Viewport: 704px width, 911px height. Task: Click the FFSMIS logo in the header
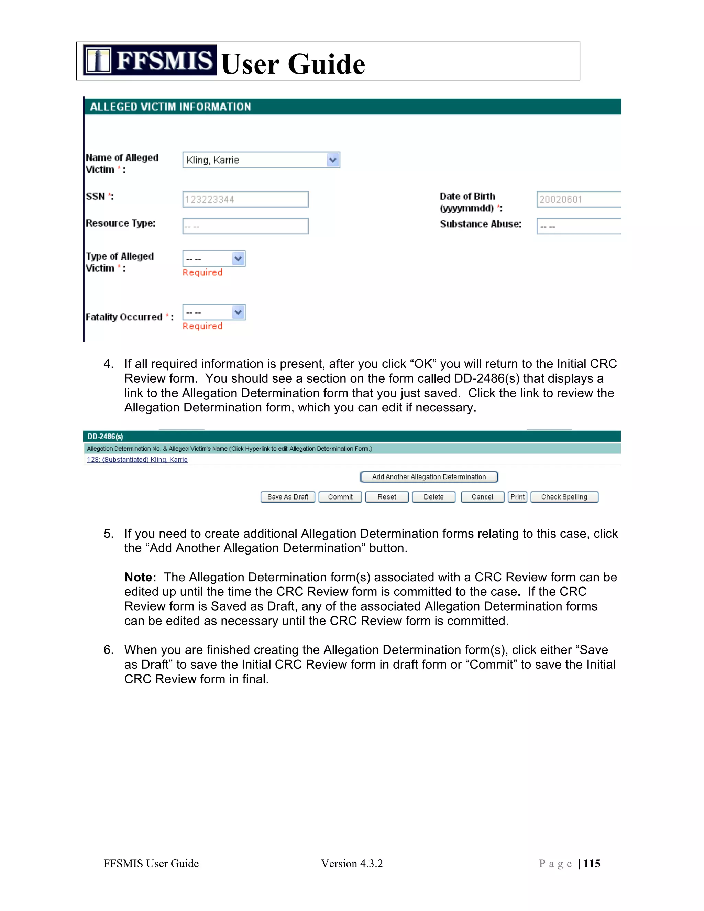149,60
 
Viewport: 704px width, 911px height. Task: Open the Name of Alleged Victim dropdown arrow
332,160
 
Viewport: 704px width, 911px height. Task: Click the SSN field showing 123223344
245,199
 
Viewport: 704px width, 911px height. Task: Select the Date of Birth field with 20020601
578,199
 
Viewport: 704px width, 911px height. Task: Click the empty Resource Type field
245,226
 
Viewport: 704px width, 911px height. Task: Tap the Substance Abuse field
578,226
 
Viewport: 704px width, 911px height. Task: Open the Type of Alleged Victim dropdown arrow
238,259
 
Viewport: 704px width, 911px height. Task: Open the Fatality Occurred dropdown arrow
238,312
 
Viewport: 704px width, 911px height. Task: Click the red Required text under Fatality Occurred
202,326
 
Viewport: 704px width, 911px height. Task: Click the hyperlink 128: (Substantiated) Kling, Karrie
137,460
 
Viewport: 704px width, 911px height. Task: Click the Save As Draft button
287,497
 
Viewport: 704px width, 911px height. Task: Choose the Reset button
387,497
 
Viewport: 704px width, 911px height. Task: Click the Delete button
433,497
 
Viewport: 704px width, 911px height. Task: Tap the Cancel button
482,497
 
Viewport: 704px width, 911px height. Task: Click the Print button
517,497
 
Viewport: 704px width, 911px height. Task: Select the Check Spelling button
564,497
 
